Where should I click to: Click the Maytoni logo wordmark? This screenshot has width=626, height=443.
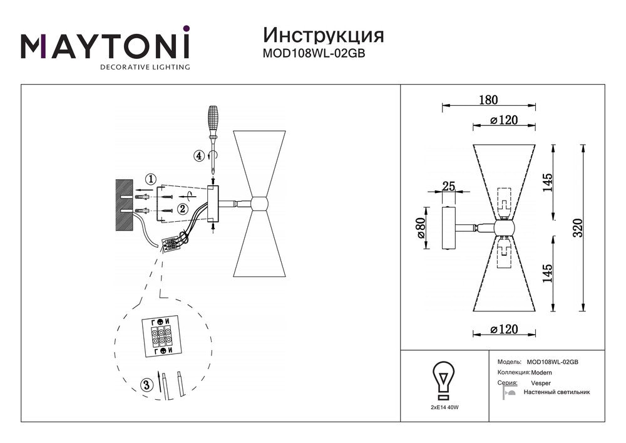(105, 46)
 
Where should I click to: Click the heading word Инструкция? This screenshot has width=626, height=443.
(323, 34)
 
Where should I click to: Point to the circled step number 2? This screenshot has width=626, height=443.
(182, 209)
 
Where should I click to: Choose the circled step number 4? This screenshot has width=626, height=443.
(199, 156)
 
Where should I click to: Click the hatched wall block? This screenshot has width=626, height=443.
(125, 204)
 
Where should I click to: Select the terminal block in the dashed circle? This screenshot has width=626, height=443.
(162, 337)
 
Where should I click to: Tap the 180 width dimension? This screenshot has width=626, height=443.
(488, 100)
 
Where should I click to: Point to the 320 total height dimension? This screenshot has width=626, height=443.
(577, 229)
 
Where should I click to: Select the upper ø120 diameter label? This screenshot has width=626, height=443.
(504, 121)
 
